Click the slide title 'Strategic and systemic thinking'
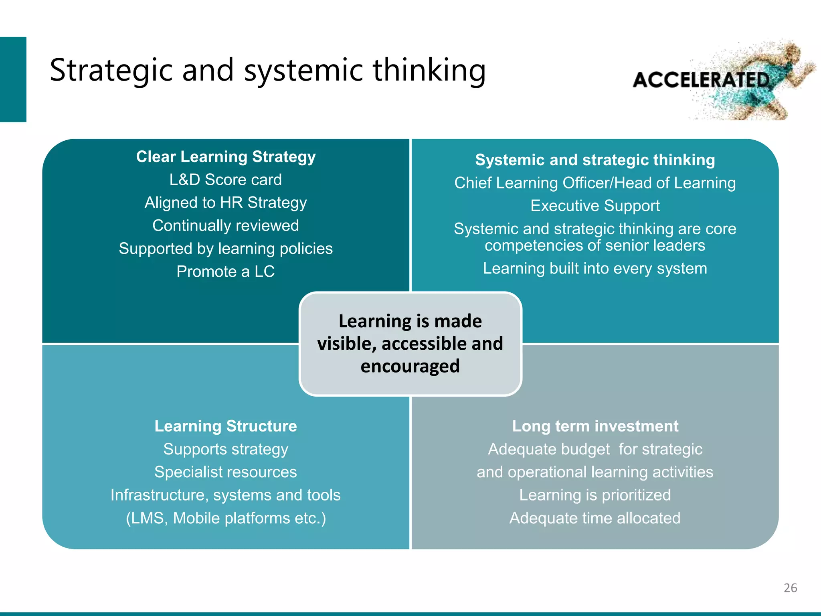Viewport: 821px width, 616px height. click(x=267, y=70)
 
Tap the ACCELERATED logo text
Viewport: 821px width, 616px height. click(x=701, y=80)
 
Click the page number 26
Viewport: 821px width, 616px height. click(x=790, y=588)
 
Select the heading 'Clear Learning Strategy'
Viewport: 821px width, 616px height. click(x=226, y=156)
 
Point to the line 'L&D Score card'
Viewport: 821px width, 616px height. click(x=226, y=180)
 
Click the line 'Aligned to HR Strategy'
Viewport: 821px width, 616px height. click(x=226, y=203)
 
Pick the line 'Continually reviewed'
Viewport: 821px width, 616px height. click(x=226, y=225)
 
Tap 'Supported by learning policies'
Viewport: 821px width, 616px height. click(x=226, y=249)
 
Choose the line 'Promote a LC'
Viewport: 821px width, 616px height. click(x=226, y=272)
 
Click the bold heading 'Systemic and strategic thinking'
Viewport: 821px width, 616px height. click(x=595, y=160)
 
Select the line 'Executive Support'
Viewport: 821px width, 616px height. click(x=595, y=206)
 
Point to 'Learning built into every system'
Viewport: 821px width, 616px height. click(x=595, y=268)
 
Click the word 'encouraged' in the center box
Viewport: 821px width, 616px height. click(x=410, y=367)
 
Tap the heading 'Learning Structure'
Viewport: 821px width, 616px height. click(x=226, y=426)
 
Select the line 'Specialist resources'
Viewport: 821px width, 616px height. click(x=226, y=472)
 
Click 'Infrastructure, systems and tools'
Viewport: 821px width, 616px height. click(x=226, y=495)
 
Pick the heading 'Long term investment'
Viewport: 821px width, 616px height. click(x=595, y=426)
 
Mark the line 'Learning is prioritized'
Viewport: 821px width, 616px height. click(x=595, y=495)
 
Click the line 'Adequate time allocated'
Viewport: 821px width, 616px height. click(x=595, y=518)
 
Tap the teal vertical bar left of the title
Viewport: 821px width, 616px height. click(x=13, y=79)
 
